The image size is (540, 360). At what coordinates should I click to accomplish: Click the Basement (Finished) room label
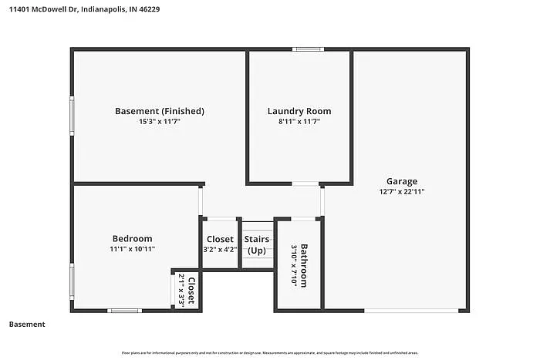[160, 111]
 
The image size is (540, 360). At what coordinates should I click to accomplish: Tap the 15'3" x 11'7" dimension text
[160, 122]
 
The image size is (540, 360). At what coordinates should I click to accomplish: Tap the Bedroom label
[132, 239]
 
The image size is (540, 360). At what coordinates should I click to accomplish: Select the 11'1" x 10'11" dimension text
[132, 249]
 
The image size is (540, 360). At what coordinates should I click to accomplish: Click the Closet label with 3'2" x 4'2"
[220, 240]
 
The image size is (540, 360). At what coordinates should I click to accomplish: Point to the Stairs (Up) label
[257, 245]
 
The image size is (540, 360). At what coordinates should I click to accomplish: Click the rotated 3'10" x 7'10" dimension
[294, 265]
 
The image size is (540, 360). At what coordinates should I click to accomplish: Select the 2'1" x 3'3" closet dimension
[181, 291]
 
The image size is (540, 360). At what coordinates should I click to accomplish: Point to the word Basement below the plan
[27, 325]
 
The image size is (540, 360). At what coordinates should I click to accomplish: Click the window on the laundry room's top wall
[308, 50]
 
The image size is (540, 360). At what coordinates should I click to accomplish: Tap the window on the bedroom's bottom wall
[124, 311]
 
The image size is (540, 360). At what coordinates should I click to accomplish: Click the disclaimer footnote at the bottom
[269, 352]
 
